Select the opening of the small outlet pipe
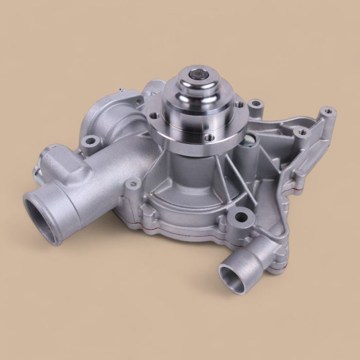[x=230, y=277]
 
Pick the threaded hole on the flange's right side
[x=239, y=104]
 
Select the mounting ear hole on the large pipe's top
[x=91, y=139]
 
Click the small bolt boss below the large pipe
[x=134, y=183]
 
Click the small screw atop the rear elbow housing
[x=122, y=91]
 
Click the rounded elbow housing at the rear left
[x=111, y=116]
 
